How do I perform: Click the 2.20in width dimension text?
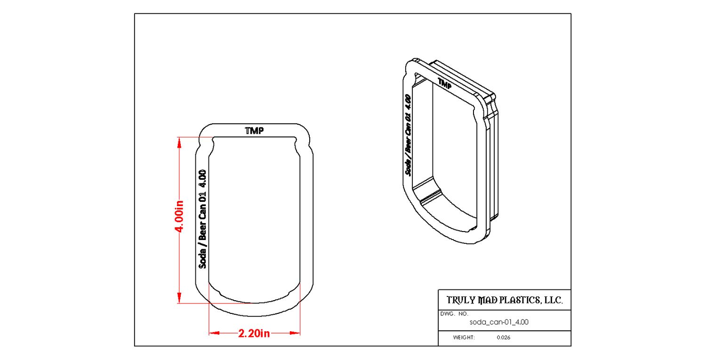point(254,334)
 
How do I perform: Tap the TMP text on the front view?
point(254,131)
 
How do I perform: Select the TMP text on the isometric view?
point(444,83)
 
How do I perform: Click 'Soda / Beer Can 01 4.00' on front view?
point(203,219)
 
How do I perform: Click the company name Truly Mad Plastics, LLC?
point(504,300)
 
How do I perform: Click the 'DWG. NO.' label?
point(454,313)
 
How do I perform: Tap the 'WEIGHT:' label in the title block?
point(464,338)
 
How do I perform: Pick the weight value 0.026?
point(504,338)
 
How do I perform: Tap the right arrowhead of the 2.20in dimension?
point(295,333)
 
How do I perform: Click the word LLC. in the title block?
point(554,300)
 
